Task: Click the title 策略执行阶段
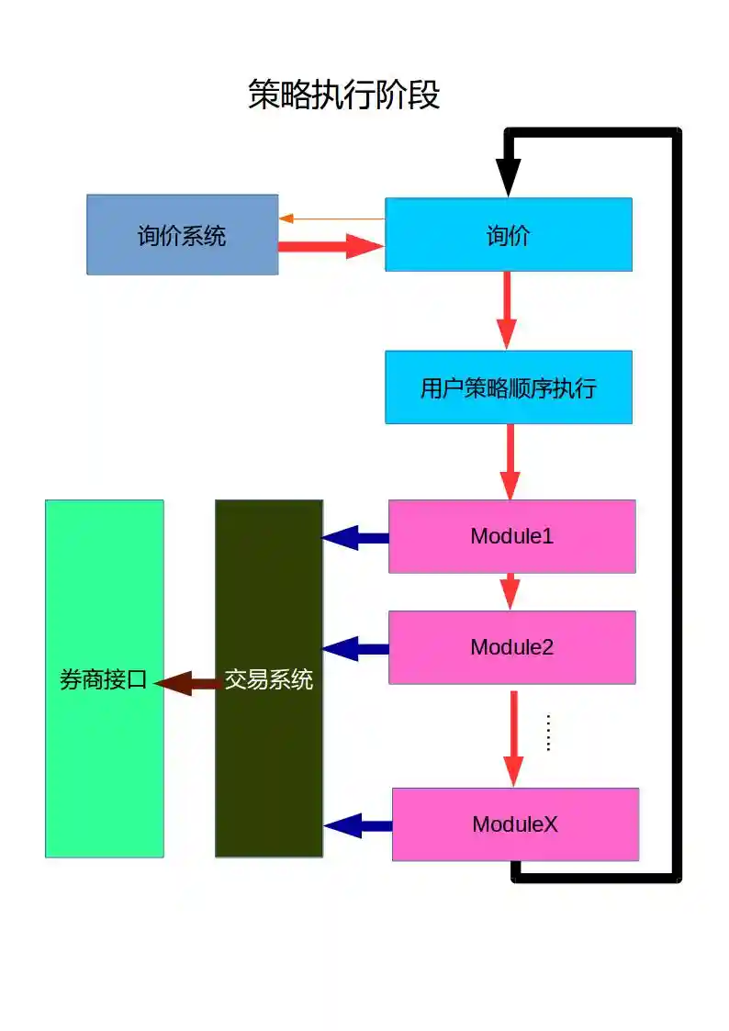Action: [344, 95]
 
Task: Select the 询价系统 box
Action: [182, 235]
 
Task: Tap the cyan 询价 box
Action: [508, 235]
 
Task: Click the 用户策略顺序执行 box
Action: [508, 387]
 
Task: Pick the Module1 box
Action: [511, 536]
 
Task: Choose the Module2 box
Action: [511, 647]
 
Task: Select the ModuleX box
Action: [515, 824]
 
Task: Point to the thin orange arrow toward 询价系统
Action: [331, 219]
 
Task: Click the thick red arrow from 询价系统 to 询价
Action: [331, 246]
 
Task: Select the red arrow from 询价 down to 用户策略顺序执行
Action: [507, 310]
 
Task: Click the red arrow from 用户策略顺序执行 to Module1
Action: [510, 461]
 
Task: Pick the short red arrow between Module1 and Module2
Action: [510, 591]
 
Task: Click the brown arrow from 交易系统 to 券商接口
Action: [188, 682]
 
